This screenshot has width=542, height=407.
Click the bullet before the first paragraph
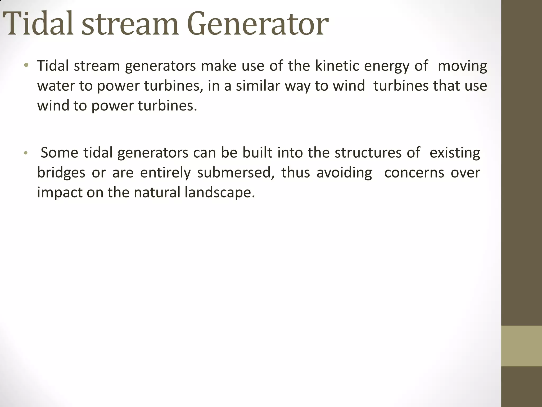26,65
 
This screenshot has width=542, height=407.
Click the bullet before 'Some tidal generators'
26,153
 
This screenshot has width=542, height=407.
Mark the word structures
368,153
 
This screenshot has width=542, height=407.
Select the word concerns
414,173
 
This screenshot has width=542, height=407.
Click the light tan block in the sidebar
521,346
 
